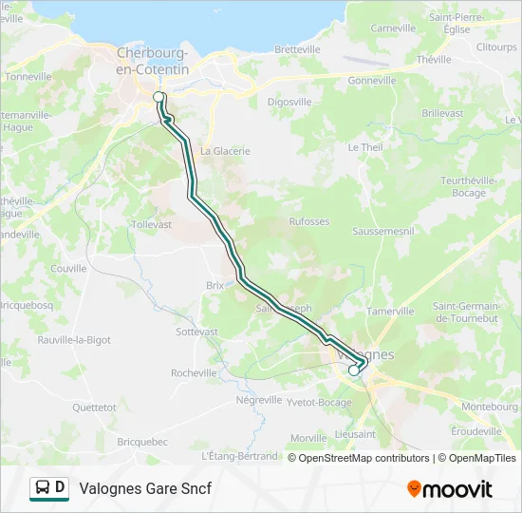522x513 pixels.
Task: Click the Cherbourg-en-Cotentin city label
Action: point(153,62)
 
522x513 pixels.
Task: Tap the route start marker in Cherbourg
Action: point(159,97)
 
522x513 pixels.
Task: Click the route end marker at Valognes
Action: point(354,371)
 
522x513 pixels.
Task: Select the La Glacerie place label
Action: point(225,150)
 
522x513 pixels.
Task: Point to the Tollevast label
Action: point(152,224)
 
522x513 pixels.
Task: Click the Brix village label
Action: point(214,284)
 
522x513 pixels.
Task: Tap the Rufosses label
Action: point(308,222)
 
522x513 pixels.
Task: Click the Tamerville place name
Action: point(391,311)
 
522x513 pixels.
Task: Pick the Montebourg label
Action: point(484,406)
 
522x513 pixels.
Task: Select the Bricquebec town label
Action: point(142,442)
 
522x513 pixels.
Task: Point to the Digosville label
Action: point(289,101)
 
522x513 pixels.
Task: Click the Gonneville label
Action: point(372,81)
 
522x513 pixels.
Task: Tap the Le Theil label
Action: point(365,147)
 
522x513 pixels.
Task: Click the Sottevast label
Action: point(197,332)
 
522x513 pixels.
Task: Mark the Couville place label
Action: point(68,269)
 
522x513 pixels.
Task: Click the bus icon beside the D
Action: point(42,488)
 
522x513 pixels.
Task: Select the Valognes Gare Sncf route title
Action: point(145,488)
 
